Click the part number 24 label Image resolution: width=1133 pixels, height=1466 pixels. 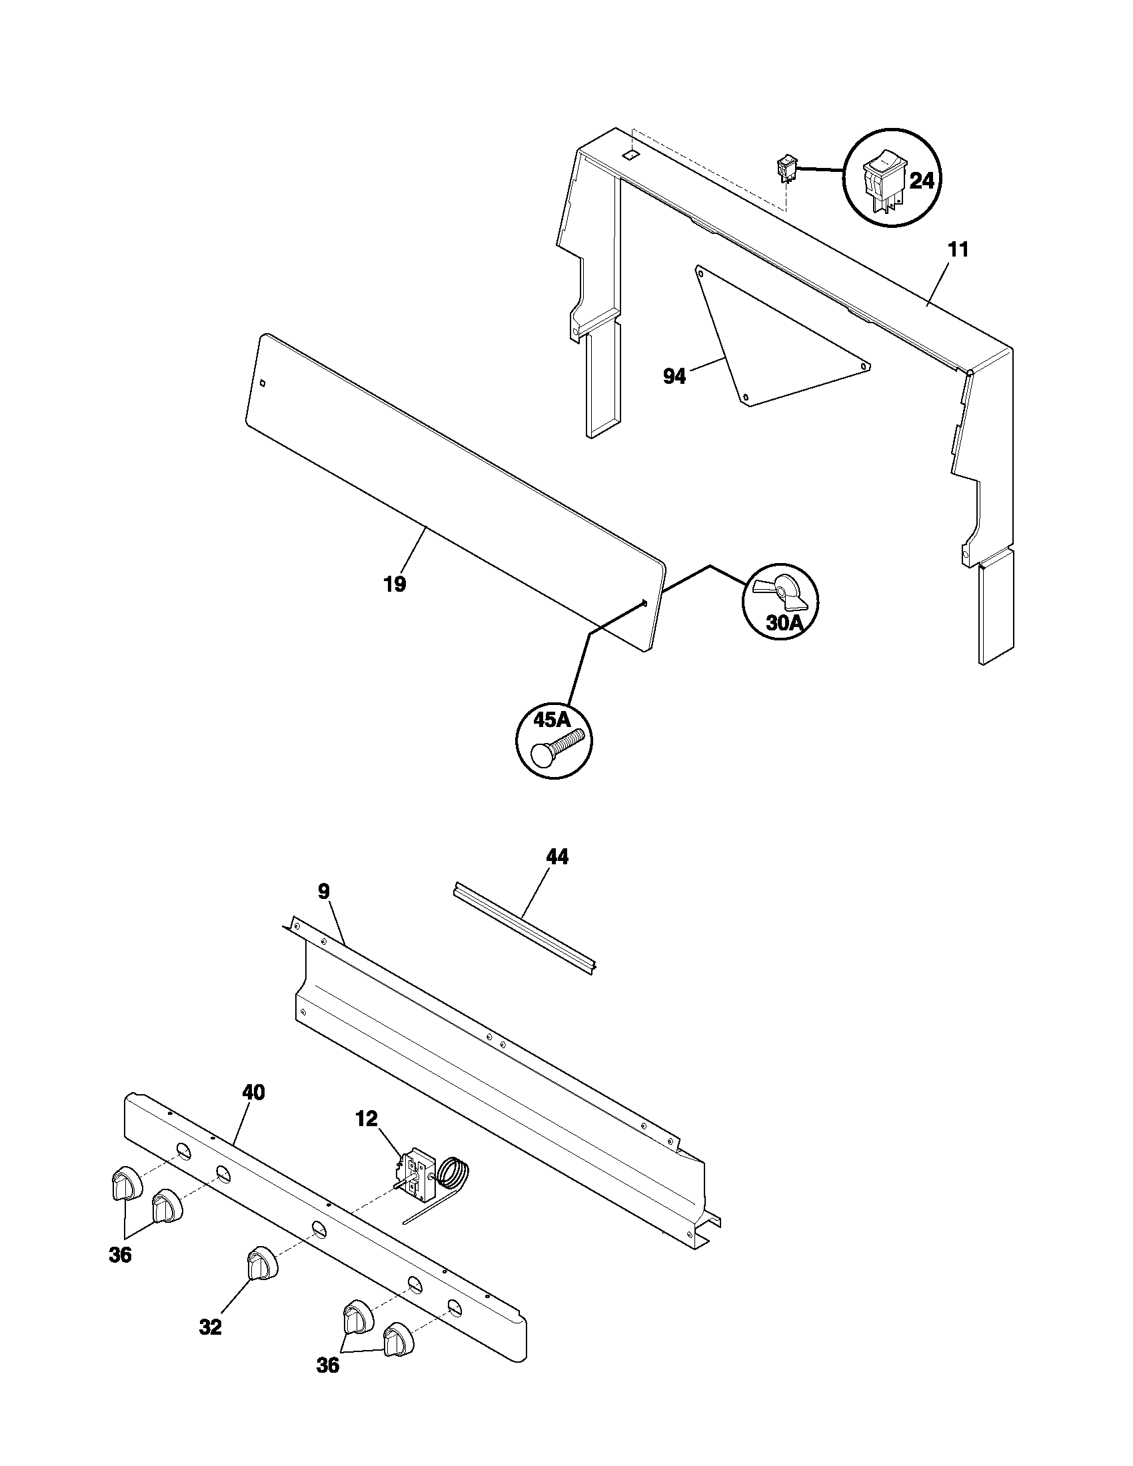pos(921,181)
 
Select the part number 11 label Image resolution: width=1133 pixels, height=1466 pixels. pos(958,250)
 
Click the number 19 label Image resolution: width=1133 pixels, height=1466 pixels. pos(395,584)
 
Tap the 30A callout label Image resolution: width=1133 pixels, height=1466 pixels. pos(784,622)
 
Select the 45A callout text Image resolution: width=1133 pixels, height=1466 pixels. pos(551,720)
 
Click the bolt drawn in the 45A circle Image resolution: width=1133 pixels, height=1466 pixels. pos(557,748)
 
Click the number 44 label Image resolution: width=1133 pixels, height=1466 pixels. pos(557,856)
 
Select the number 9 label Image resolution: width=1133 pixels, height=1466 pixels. pos(323,892)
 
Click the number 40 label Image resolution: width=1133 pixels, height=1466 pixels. pos(253,1092)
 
